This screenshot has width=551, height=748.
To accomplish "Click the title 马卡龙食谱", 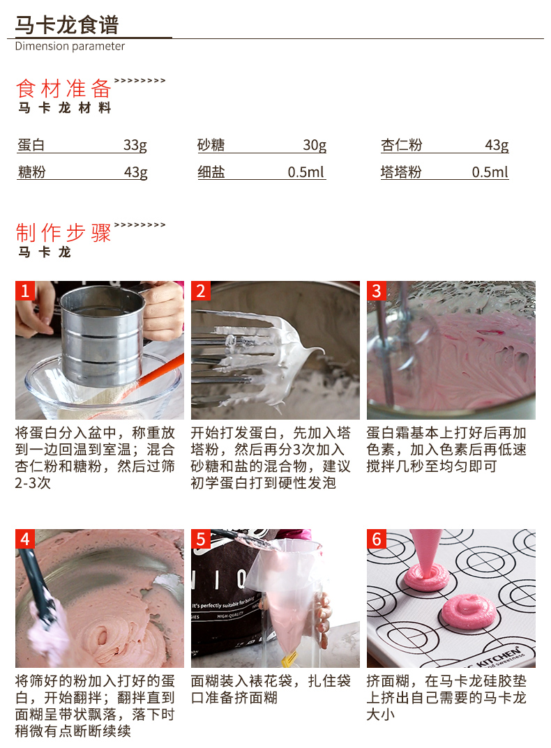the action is (x=67, y=25).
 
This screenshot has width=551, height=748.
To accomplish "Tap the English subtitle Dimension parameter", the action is (x=70, y=46).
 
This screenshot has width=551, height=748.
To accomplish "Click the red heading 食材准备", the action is (x=64, y=89).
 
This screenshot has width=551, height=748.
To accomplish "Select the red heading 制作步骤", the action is (x=64, y=233).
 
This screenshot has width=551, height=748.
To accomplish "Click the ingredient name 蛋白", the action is (x=31, y=144).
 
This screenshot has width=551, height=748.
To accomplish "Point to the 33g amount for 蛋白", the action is (x=135, y=144).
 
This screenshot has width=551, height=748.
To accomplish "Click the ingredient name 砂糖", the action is (x=211, y=144).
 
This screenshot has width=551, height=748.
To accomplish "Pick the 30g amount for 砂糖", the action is (x=315, y=144).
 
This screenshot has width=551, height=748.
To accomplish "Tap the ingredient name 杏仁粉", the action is (x=402, y=144).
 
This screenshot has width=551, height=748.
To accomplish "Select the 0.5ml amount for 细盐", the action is (x=306, y=171).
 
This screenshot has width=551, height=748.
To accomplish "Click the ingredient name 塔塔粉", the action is (x=401, y=171).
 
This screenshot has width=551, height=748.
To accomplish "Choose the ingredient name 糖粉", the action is (x=31, y=171).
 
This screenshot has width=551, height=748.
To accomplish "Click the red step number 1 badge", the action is (x=25, y=291).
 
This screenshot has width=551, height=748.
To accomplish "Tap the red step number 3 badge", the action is (x=376, y=291).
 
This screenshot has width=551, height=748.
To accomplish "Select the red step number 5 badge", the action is (x=201, y=539).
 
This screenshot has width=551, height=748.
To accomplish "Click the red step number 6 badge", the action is (x=376, y=539).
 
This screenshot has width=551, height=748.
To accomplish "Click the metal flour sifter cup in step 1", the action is (x=102, y=334).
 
